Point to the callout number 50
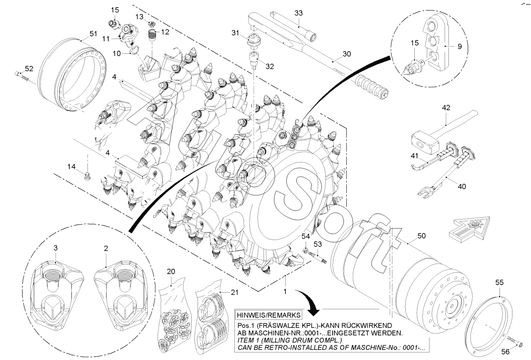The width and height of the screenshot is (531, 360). coord(422,236)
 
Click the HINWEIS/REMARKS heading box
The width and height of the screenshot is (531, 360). coord(269,315)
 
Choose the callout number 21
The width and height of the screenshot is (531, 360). coord(235,292)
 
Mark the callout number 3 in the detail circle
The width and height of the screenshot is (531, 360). coord(55,248)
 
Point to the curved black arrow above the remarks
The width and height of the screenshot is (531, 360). coord(309,303)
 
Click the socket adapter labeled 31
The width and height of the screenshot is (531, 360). coord(252,40)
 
